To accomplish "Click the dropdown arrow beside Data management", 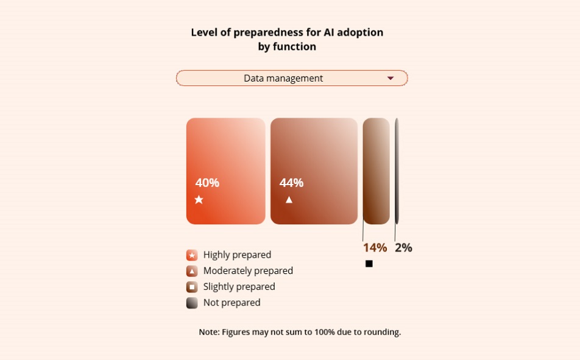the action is pos(391,78).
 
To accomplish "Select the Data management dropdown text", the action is pos(283,79).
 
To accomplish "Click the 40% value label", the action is pos(207,183).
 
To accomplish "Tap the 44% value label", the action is pos(291,183).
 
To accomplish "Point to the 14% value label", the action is pos(375,247).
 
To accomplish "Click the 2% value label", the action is pos(403,247).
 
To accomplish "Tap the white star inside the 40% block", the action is pos(199,200).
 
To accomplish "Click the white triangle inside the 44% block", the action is pos(289,200).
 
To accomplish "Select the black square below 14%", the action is pos(369,263).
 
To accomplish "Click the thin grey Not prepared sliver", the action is pos(397,171).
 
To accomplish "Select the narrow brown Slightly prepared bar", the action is pos(376,171).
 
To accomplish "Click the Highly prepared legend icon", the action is pos(192,255).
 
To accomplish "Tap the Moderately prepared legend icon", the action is pos(192,271).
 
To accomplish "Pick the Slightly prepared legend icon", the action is pos(192,287).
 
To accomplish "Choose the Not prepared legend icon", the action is pos(192,303).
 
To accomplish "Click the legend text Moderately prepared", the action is pos(248,271).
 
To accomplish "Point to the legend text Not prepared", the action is pos(232,303).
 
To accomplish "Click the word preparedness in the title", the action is pos(265,32).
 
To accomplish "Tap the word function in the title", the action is pos(294,47).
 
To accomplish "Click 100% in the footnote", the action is pos(324,332).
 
